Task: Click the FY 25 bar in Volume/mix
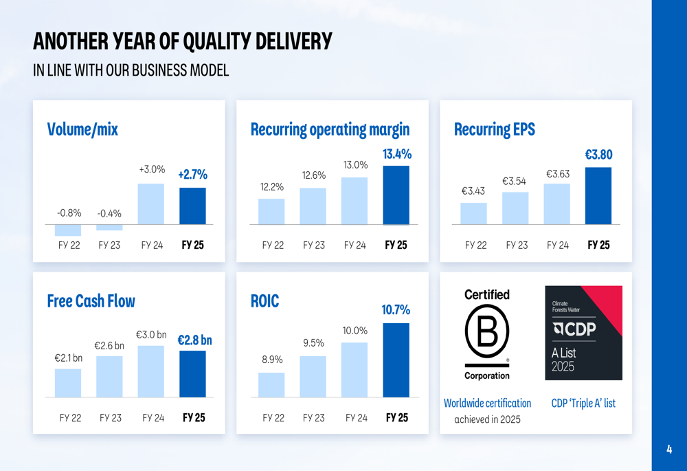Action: (192, 206)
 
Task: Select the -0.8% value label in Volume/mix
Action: (69, 213)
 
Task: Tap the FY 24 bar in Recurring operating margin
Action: (354, 201)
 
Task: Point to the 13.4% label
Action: (396, 154)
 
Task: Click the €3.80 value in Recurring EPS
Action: (598, 155)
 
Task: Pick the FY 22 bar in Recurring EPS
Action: (473, 213)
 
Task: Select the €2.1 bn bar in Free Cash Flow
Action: (68, 383)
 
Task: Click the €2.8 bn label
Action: (194, 340)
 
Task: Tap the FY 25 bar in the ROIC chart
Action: (396, 360)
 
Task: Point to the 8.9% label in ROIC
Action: (271, 360)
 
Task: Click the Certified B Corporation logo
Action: (487, 334)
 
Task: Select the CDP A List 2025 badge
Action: (583, 333)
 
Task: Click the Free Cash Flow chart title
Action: (91, 301)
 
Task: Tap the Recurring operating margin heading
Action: (330, 129)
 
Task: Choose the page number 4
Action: (669, 450)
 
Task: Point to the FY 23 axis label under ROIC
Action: (314, 417)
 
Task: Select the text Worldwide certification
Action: (487, 403)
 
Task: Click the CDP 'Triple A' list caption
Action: (583, 403)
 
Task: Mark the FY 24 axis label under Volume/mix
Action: (152, 245)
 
